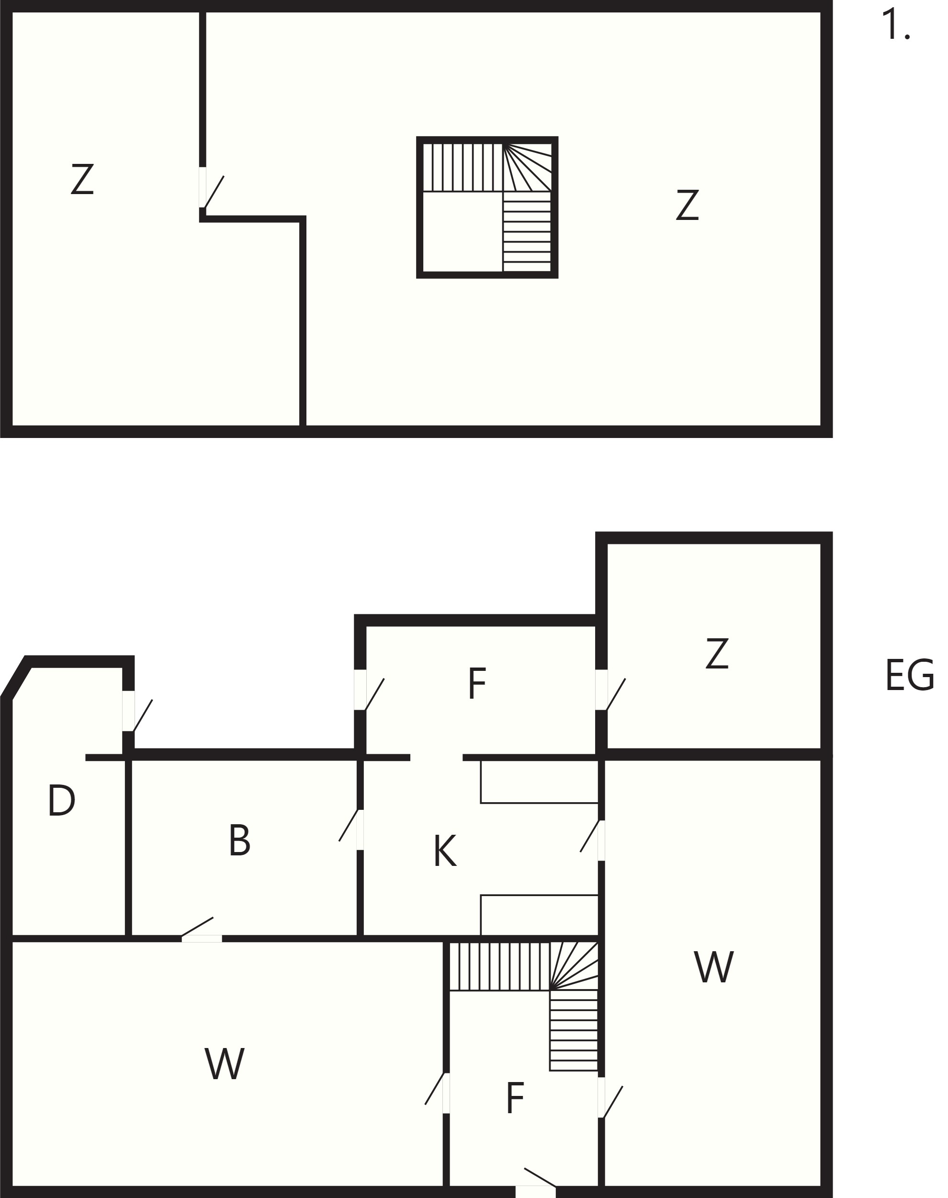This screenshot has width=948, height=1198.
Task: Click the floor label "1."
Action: (896, 25)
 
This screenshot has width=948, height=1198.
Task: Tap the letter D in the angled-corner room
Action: (62, 800)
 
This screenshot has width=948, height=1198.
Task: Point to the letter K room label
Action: (445, 851)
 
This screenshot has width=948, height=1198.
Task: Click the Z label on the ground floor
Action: (717, 654)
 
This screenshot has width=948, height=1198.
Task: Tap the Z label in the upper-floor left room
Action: (82, 178)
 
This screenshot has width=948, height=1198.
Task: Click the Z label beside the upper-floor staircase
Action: (687, 205)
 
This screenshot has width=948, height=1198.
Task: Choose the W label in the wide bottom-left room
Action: (225, 1064)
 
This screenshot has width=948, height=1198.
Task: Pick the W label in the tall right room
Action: (714, 967)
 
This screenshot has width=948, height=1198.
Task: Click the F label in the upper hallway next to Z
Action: (477, 683)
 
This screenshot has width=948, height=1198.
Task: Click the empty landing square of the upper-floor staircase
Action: (463, 232)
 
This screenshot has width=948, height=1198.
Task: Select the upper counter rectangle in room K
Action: (540, 781)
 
